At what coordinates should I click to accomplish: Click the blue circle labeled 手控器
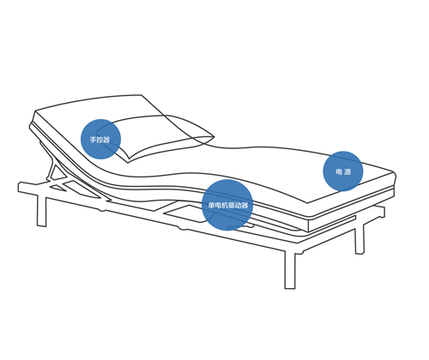tap(100, 139)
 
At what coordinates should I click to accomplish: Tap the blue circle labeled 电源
tap(343, 171)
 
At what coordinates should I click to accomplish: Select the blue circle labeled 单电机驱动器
tap(227, 205)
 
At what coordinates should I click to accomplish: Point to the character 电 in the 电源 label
tap(339, 171)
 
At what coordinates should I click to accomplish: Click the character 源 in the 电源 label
tap(347, 171)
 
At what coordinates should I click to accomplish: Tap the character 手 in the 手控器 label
tap(93, 140)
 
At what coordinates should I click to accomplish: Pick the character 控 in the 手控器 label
tap(100, 140)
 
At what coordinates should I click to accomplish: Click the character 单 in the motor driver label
tap(211, 205)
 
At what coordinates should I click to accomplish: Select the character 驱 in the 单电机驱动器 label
tap(231, 205)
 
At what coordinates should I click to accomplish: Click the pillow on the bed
tap(156, 137)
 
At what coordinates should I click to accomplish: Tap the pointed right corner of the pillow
tap(214, 137)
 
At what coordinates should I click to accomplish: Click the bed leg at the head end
tap(42, 211)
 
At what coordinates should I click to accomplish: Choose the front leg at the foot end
tap(290, 269)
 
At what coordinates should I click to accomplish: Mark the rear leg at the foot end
tap(360, 239)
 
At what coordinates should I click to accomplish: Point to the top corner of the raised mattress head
tap(142, 95)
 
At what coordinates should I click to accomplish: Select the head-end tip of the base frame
tap(20, 187)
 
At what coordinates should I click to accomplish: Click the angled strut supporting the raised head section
tap(51, 171)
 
